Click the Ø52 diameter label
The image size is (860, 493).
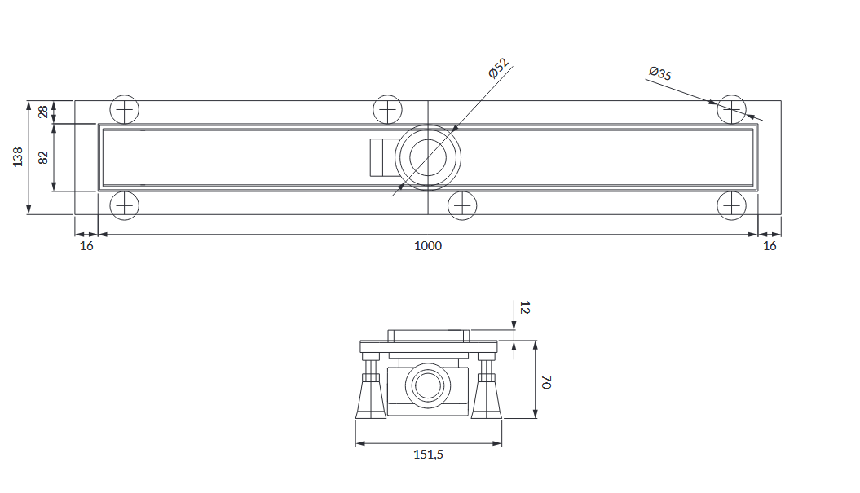click(499, 68)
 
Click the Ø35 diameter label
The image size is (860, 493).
click(660, 73)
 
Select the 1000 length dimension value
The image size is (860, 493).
click(428, 245)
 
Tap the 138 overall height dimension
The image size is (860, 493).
click(18, 156)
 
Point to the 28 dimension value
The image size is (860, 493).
click(42, 112)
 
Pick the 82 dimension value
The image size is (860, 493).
click(43, 157)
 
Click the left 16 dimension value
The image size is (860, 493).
click(86, 245)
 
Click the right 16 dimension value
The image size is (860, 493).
click(770, 245)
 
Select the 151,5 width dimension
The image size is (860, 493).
click(428, 455)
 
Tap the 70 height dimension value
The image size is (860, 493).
click(545, 382)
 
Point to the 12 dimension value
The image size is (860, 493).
click(524, 307)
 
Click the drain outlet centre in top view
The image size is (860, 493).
click(428, 158)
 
